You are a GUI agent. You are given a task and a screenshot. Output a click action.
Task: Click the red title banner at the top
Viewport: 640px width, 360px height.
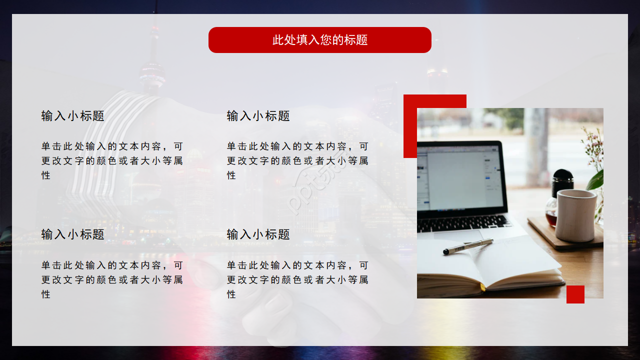(320, 40)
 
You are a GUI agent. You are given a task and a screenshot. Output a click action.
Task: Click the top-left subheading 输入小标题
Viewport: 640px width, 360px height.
(73, 116)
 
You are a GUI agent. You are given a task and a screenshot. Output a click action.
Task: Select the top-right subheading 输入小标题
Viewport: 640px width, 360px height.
(258, 116)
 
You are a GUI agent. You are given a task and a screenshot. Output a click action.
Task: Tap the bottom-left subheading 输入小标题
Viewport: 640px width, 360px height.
(73, 234)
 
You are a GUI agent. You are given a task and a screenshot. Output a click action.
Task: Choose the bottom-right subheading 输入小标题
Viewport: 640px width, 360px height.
(258, 234)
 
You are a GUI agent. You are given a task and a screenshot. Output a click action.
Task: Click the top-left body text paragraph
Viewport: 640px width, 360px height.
(112, 160)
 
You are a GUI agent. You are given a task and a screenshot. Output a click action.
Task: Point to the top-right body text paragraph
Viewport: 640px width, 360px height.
(297, 160)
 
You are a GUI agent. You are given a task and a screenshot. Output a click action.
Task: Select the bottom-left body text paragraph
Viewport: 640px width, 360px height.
(112, 279)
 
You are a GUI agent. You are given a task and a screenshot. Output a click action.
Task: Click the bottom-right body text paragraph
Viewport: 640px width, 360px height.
(297, 279)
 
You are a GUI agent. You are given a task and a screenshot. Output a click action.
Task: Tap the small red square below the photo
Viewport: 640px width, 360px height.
(575, 294)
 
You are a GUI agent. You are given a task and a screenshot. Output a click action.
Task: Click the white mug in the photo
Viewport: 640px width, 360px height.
(576, 215)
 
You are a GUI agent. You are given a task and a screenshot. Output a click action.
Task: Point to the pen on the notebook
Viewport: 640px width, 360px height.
(468, 247)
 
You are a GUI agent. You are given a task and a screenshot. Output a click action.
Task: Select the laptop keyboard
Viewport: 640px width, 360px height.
(462, 222)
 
